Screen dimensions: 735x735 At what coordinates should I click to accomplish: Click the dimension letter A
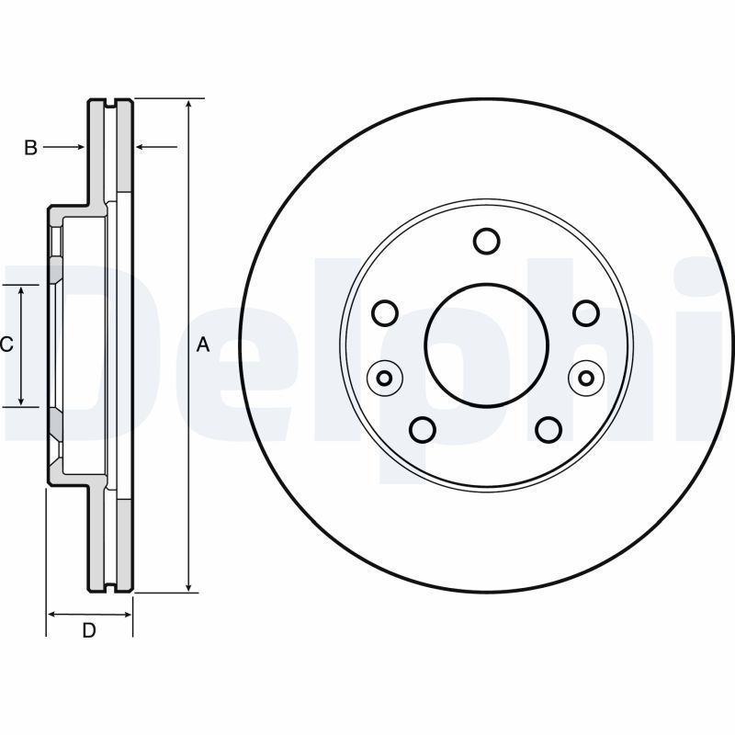204,345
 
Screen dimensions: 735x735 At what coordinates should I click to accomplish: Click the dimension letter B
30,147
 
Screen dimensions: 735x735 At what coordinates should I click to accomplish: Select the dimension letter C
6,345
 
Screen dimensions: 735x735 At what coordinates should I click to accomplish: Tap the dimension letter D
89,630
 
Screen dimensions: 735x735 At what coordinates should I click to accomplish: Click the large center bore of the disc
486,345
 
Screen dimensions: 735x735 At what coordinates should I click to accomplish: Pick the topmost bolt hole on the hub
486,241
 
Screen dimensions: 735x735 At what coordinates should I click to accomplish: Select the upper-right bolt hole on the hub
586,313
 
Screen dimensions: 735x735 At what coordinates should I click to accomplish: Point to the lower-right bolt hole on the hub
548,429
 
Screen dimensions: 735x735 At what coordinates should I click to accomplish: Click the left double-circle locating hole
385,377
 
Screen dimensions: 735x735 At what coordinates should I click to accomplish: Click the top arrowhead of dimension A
188,104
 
